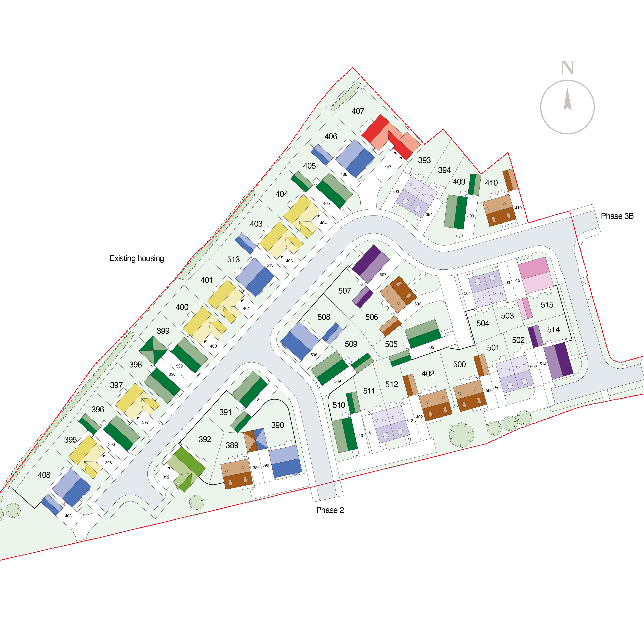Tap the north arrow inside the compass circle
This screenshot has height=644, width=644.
(567, 99)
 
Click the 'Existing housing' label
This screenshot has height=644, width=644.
(137, 258)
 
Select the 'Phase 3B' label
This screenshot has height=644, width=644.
(617, 216)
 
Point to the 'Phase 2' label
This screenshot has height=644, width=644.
(330, 510)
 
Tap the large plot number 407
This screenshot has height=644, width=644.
(358, 111)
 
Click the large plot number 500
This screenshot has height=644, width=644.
(459, 364)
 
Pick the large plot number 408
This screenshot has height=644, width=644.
(44, 475)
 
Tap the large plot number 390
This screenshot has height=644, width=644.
(277, 425)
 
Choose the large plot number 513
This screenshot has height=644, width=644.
(233, 259)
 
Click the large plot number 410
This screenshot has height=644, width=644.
(491, 183)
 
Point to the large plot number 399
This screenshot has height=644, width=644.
(163, 331)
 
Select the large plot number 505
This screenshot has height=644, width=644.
(391, 344)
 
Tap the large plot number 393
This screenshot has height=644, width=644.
(424, 160)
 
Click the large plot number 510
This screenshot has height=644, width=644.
(339, 405)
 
